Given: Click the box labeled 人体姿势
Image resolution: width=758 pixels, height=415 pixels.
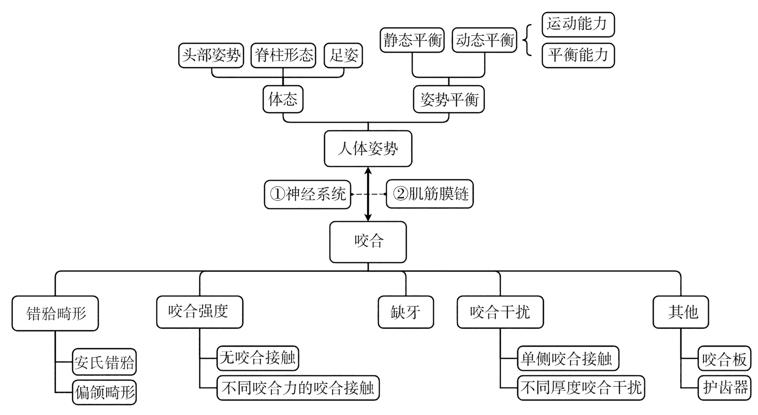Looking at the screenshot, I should (x=368, y=148).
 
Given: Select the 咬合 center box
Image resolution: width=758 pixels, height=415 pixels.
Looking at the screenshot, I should (x=368, y=242).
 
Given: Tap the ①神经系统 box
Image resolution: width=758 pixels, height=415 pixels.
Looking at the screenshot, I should (x=308, y=194).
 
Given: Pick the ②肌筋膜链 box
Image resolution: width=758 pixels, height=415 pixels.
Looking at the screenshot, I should (x=429, y=194).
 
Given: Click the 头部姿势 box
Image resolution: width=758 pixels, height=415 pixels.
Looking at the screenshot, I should (x=211, y=55).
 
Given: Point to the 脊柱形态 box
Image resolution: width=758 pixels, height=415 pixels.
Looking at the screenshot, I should (x=283, y=55).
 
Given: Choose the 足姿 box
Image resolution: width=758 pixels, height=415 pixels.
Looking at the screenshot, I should (x=343, y=55).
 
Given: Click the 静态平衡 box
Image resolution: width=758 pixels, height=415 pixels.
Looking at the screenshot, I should (x=412, y=40).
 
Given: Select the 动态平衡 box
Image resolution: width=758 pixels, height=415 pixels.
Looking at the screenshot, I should (x=484, y=40).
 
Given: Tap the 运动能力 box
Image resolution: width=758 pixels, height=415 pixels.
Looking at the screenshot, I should (x=578, y=24).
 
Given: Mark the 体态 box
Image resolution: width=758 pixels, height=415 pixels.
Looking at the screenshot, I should (x=283, y=99).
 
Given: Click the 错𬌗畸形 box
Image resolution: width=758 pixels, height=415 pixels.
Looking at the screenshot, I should (x=55, y=314).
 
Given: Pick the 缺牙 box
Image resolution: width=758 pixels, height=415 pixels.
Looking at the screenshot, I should (x=406, y=312).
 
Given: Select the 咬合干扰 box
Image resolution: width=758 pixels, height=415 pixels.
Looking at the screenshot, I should (x=500, y=312).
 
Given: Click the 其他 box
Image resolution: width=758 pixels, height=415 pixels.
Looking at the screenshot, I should (x=681, y=312).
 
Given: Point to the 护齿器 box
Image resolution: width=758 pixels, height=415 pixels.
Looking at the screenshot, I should (x=725, y=388).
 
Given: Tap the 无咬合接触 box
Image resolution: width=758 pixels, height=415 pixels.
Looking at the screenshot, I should (x=258, y=358).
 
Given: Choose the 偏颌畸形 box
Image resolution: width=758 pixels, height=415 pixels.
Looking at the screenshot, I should (x=104, y=392).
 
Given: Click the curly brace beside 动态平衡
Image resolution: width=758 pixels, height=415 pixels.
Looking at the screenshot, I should (x=527, y=40).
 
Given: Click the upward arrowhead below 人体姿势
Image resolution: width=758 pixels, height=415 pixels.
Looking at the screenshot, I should (x=368, y=171).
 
